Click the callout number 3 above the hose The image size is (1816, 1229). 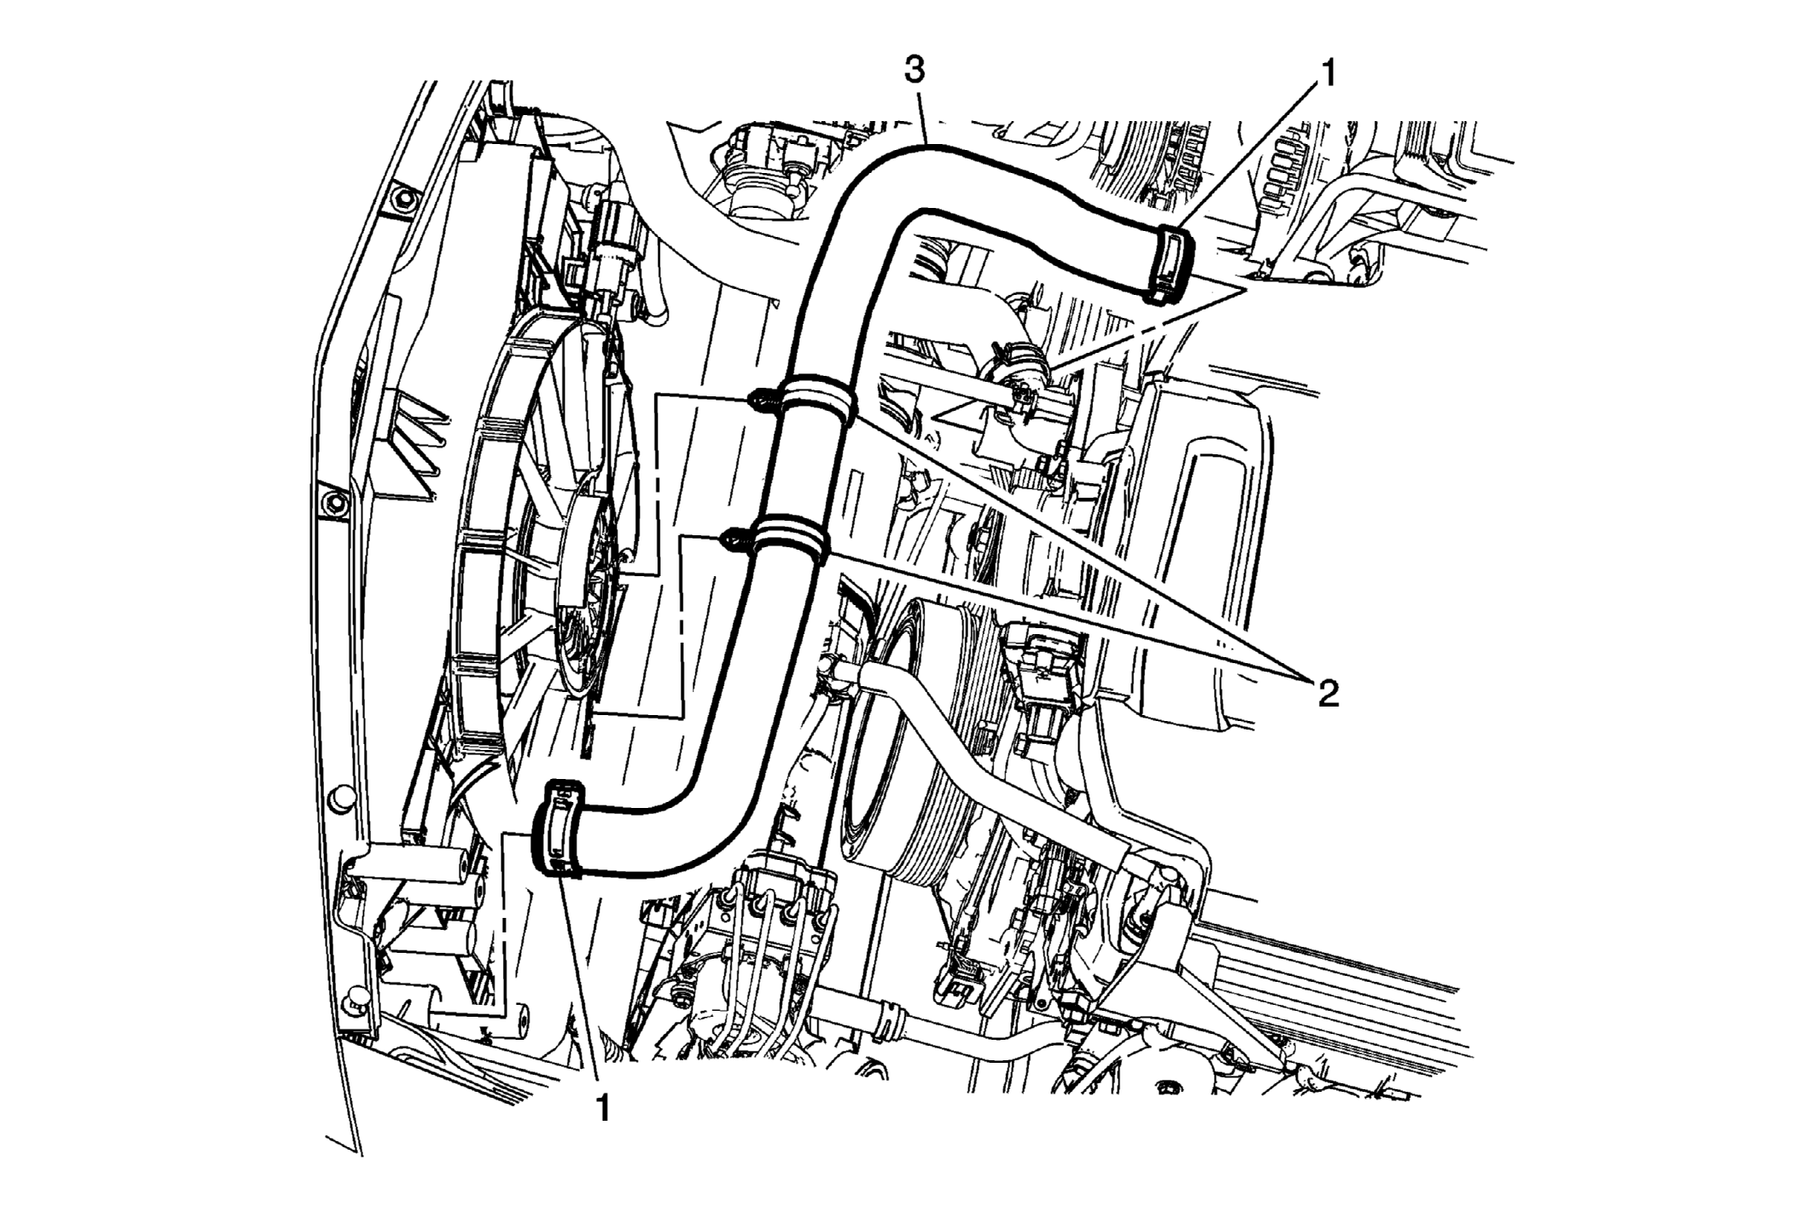click(915, 71)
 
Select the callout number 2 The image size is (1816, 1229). click(1327, 694)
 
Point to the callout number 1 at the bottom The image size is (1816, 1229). click(604, 1107)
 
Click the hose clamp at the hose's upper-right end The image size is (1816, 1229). click(1172, 265)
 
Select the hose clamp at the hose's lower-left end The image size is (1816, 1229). click(558, 828)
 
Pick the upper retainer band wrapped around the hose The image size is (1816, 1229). click(818, 399)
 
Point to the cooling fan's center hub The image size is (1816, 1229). click(588, 588)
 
